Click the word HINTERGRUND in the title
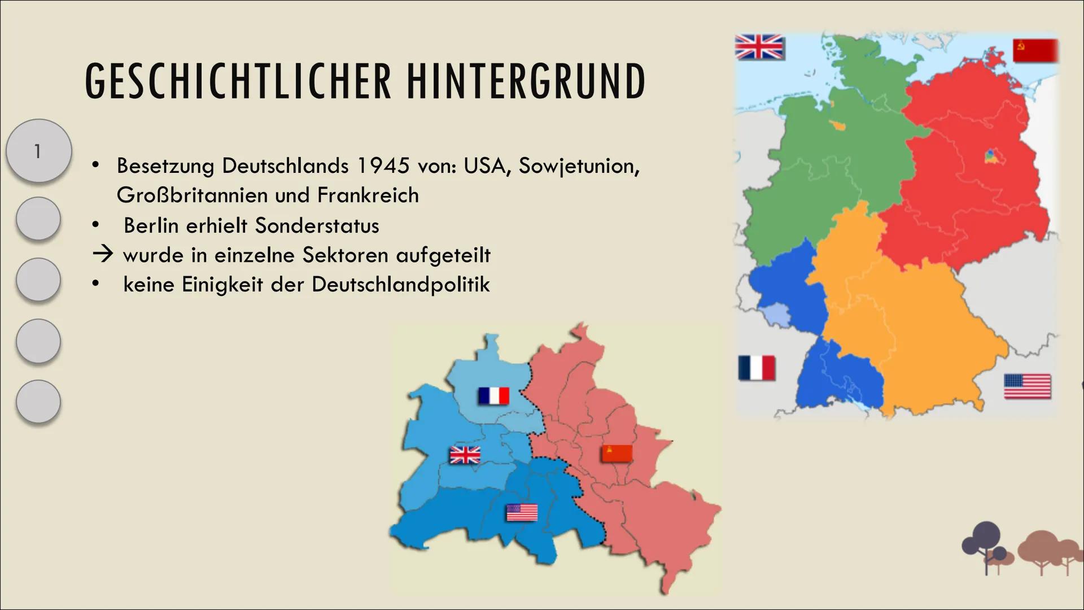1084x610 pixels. [526, 82]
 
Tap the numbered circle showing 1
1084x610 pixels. [38, 151]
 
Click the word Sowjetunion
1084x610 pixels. [579, 165]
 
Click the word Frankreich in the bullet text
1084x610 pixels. [368, 195]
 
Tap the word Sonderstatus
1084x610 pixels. [317, 225]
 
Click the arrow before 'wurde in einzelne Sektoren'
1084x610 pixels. [103, 255]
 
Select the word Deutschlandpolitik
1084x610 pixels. [400, 284]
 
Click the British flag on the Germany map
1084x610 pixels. [759, 47]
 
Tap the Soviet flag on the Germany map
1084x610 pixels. [1035, 50]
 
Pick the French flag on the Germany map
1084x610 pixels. [757, 368]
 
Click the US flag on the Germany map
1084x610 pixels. [1027, 387]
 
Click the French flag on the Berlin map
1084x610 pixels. [493, 396]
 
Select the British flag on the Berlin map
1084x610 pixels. [465, 455]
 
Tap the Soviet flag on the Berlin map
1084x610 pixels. [616, 454]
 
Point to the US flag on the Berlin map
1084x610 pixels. [522, 513]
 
